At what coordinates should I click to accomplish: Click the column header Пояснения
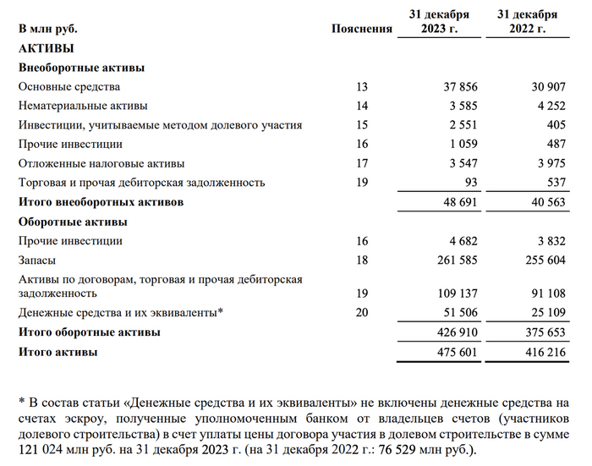362,29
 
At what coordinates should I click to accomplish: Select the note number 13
363,86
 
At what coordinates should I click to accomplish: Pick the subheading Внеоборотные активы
80,68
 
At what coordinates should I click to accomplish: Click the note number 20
363,313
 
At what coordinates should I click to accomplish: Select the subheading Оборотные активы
73,222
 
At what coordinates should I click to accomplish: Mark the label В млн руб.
51,29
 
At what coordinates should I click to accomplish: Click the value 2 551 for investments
463,125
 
